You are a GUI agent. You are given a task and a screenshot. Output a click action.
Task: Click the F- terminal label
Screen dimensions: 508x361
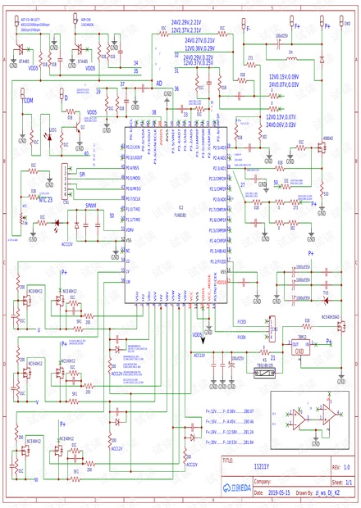pyautogui.click(x=249, y=27)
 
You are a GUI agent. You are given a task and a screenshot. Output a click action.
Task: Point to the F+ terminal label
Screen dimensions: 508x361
pyautogui.click(x=297, y=26)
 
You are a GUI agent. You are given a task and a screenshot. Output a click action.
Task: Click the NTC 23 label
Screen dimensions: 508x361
pyautogui.click(x=47, y=199)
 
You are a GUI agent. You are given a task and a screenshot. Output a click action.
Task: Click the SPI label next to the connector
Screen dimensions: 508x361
pyautogui.click(x=82, y=174)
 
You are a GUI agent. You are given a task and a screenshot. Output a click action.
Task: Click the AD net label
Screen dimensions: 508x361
pyautogui.click(x=159, y=84)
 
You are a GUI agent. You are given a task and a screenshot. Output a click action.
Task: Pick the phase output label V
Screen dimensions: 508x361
pyautogui.click(x=38, y=401)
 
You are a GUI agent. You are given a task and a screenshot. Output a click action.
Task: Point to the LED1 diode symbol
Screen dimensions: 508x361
pyautogui.click(x=48, y=138)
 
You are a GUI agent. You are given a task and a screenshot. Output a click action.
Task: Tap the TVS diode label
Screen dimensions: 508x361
pyautogui.click(x=325, y=292)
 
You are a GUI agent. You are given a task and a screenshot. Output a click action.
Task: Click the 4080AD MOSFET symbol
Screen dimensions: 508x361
pyautogui.click(x=322, y=148)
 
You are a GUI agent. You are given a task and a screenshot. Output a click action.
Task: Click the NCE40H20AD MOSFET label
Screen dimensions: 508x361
pyautogui.click(x=332, y=317)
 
